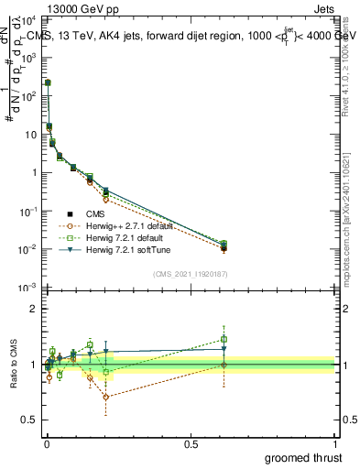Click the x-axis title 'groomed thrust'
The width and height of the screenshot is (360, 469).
pos(305,457)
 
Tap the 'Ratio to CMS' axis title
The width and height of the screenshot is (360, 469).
pos(14,365)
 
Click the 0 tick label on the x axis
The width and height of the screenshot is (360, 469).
pos(47,442)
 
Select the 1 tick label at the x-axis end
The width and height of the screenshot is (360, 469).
pos(334,442)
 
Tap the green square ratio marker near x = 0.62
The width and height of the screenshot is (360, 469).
pos(224,339)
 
